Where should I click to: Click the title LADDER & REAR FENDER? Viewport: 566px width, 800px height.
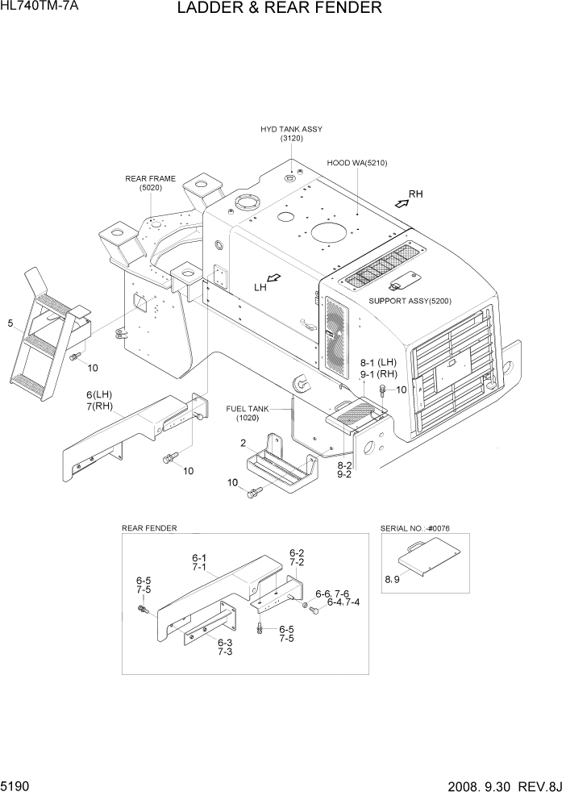coord(278,9)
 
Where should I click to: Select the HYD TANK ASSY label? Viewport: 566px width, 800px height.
coord(290,129)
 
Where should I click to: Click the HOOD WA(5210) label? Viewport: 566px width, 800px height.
coord(357,163)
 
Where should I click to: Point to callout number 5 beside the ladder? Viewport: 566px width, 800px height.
coord(10,324)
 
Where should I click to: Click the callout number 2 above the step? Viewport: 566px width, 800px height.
coord(242,443)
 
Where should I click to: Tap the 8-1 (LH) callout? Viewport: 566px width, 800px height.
coord(378,363)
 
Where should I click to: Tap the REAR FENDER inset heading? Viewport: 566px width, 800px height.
coord(149,528)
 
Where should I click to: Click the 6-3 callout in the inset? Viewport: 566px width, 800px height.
coord(224,643)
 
